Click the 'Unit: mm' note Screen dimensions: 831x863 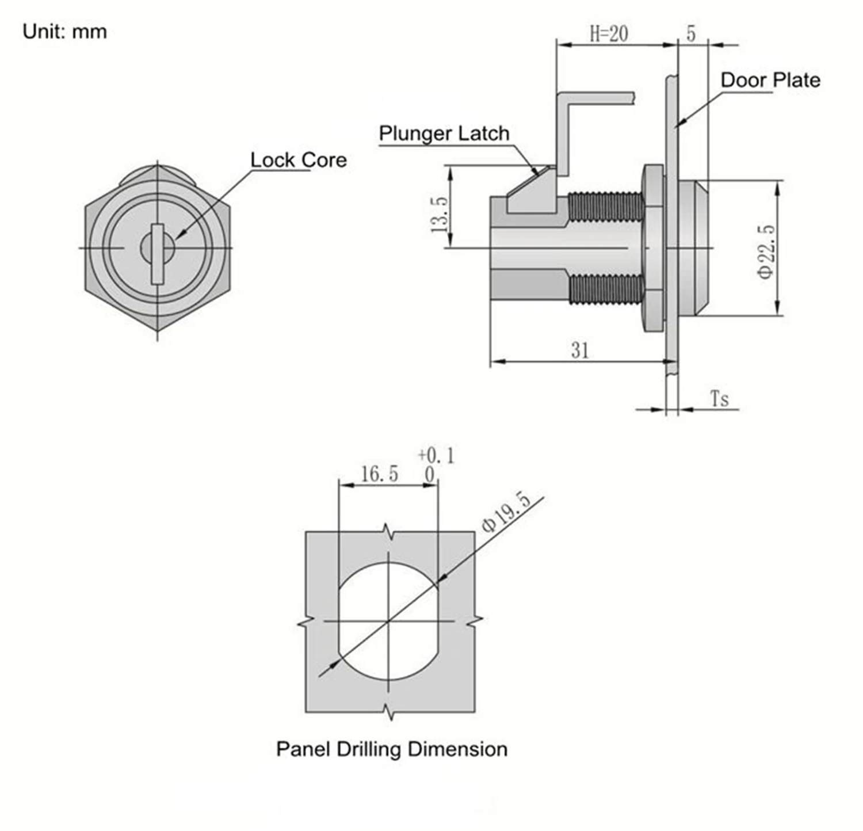tap(64, 31)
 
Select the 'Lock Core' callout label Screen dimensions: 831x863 tap(298, 160)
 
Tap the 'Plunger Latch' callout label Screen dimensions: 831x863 tap(444, 134)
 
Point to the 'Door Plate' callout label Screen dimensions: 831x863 tap(770, 80)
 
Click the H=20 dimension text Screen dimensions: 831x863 tap(609, 34)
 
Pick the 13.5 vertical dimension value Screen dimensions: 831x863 tap(439, 214)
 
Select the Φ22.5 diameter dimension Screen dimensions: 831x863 tap(766, 251)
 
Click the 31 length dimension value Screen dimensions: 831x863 tap(579, 350)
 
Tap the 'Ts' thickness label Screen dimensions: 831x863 tap(719, 398)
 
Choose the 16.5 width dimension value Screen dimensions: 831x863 tap(379, 474)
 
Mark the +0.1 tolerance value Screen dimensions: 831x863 tap(436, 456)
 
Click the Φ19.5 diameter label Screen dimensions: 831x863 tap(505, 513)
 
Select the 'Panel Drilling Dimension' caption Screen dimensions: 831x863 tap(391, 749)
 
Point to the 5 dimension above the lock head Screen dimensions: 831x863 tap(691, 34)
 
